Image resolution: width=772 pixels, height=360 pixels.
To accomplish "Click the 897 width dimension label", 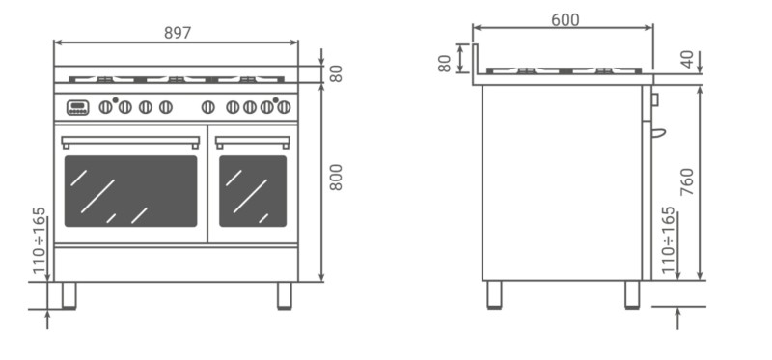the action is pos(178,33).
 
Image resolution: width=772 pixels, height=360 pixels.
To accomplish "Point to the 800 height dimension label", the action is pos(336,178).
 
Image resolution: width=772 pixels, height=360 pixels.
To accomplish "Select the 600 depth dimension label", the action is pos(565,20).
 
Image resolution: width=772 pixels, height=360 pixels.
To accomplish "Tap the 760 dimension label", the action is pos(687,181).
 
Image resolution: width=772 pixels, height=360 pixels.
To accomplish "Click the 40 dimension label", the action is pos(687,59).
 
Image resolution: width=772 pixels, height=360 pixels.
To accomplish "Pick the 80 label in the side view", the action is pos(444,64).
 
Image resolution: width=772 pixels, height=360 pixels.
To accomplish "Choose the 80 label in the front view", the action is pos(336,74).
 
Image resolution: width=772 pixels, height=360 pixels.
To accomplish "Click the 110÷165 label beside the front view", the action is pos(39,241).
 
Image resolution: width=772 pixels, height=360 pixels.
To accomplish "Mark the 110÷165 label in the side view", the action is pos(668,239).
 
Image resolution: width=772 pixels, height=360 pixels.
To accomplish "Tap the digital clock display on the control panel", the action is pos(78,107).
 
